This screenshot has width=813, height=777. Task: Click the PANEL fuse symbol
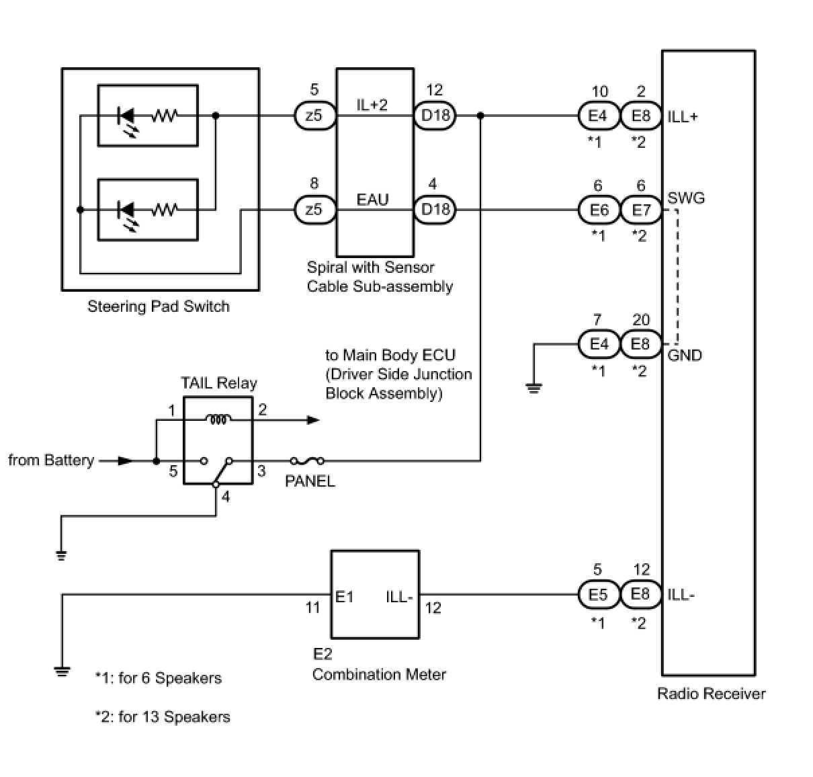click(x=307, y=461)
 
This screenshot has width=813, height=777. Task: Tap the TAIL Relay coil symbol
click(x=218, y=419)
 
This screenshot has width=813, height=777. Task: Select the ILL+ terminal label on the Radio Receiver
click(x=683, y=116)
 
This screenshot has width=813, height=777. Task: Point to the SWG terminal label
click(x=686, y=198)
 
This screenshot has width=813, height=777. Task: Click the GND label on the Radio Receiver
click(x=685, y=355)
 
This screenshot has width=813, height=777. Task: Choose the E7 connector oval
click(x=642, y=210)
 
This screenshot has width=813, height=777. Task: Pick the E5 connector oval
click(x=598, y=595)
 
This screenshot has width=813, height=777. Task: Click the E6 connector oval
click(x=599, y=210)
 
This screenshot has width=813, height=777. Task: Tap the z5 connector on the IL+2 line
click(x=314, y=116)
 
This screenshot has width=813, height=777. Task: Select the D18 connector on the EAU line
click(x=435, y=210)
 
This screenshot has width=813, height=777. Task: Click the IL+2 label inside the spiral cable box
click(x=372, y=105)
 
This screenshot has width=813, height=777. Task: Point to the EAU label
click(x=372, y=200)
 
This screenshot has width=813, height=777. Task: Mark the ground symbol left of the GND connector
click(x=534, y=387)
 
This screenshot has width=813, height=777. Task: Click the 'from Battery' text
click(x=51, y=460)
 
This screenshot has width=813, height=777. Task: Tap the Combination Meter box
click(x=375, y=594)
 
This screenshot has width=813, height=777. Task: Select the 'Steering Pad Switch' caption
click(x=159, y=306)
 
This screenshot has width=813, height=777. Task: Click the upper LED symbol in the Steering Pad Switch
click(x=126, y=116)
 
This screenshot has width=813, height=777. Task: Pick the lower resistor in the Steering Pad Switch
click(x=164, y=210)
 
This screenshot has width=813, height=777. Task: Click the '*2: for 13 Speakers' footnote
click(x=163, y=717)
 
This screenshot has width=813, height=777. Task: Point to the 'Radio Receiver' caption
click(x=711, y=694)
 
